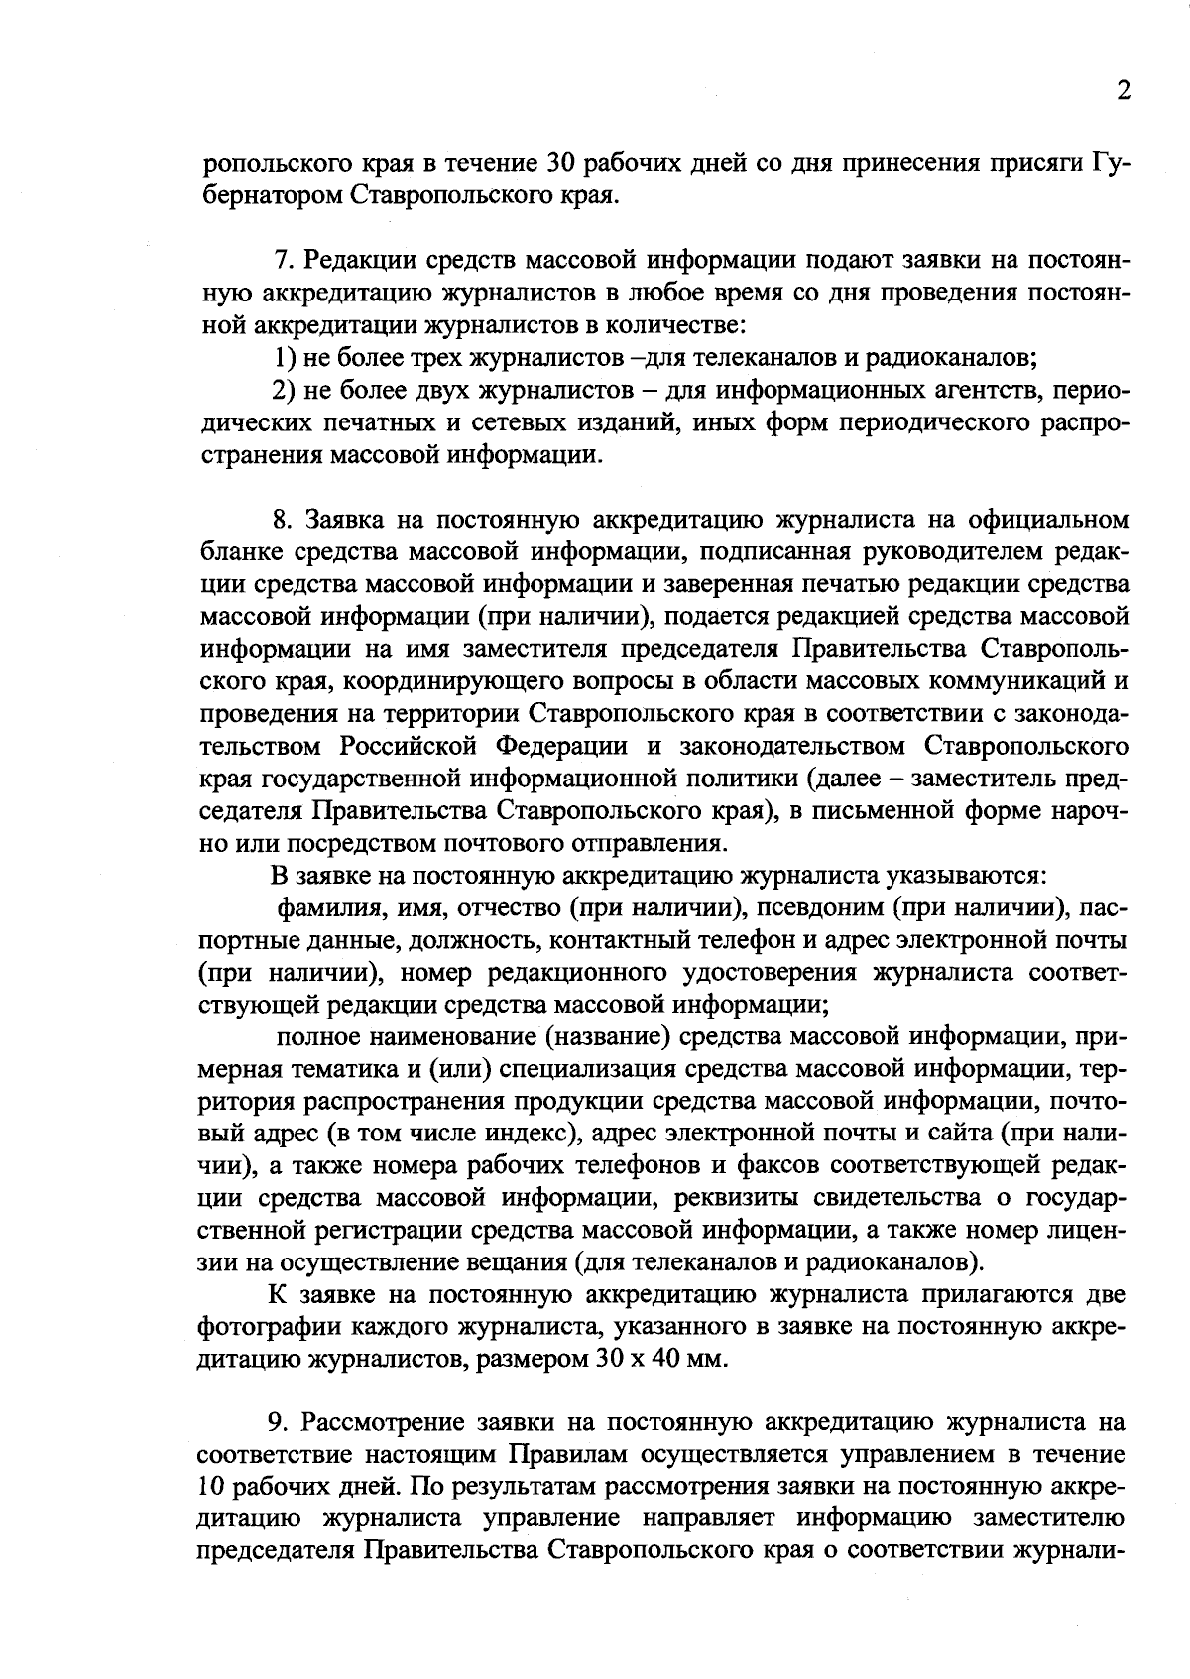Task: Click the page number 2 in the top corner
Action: click(x=1123, y=90)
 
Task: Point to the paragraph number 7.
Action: click(x=281, y=260)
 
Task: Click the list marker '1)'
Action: click(x=283, y=357)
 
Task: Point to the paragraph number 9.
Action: click(x=279, y=1423)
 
